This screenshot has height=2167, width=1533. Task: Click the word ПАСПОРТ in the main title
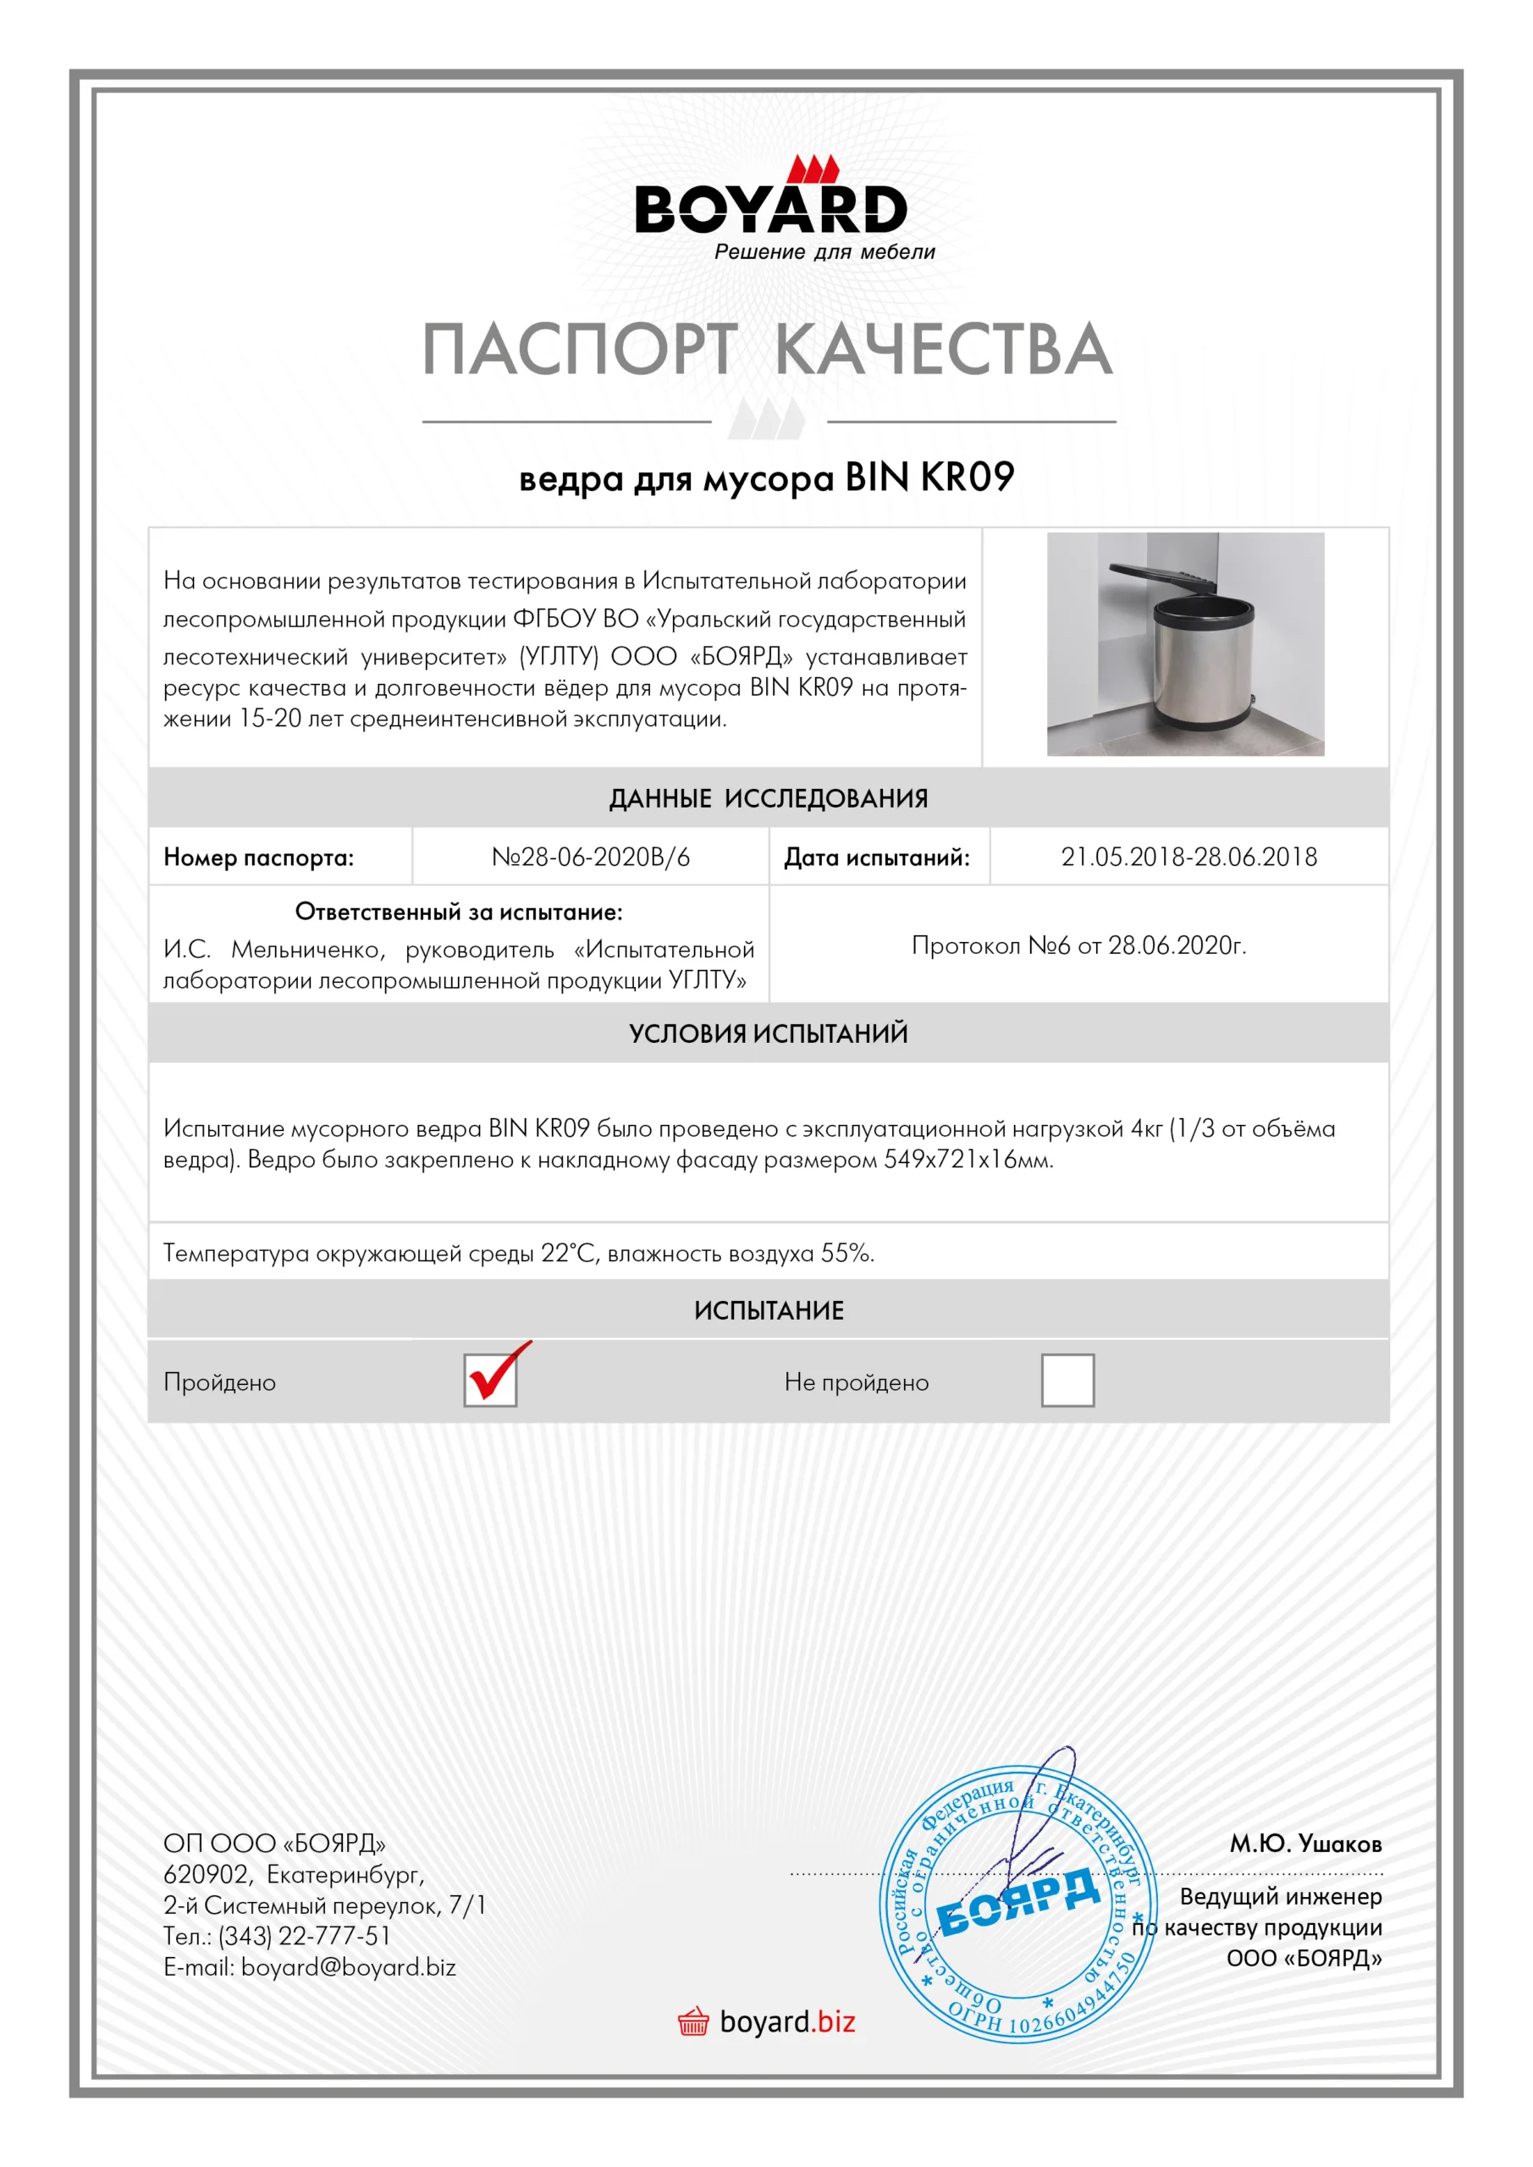[577, 350]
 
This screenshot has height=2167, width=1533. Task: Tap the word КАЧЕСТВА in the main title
[943, 350]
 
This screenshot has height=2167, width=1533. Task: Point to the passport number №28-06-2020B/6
[591, 857]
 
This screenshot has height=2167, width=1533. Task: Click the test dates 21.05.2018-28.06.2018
[1188, 857]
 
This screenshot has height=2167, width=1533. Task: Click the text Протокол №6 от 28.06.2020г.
[1078, 945]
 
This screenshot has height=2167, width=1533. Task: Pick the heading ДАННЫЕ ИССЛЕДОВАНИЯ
[769, 798]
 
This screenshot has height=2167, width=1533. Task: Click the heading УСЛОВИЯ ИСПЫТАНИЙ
[769, 1034]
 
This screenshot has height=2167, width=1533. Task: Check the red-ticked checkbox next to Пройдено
[491, 1380]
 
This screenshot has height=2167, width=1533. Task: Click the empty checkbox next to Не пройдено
[1067, 1380]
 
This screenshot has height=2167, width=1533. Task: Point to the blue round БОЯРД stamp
[1017, 1906]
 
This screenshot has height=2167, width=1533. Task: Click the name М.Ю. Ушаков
[1304, 1844]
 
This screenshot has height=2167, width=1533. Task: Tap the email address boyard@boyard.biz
[348, 1967]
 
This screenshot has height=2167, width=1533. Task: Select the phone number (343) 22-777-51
[304, 1936]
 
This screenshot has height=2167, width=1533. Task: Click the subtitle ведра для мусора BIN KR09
[767, 477]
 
